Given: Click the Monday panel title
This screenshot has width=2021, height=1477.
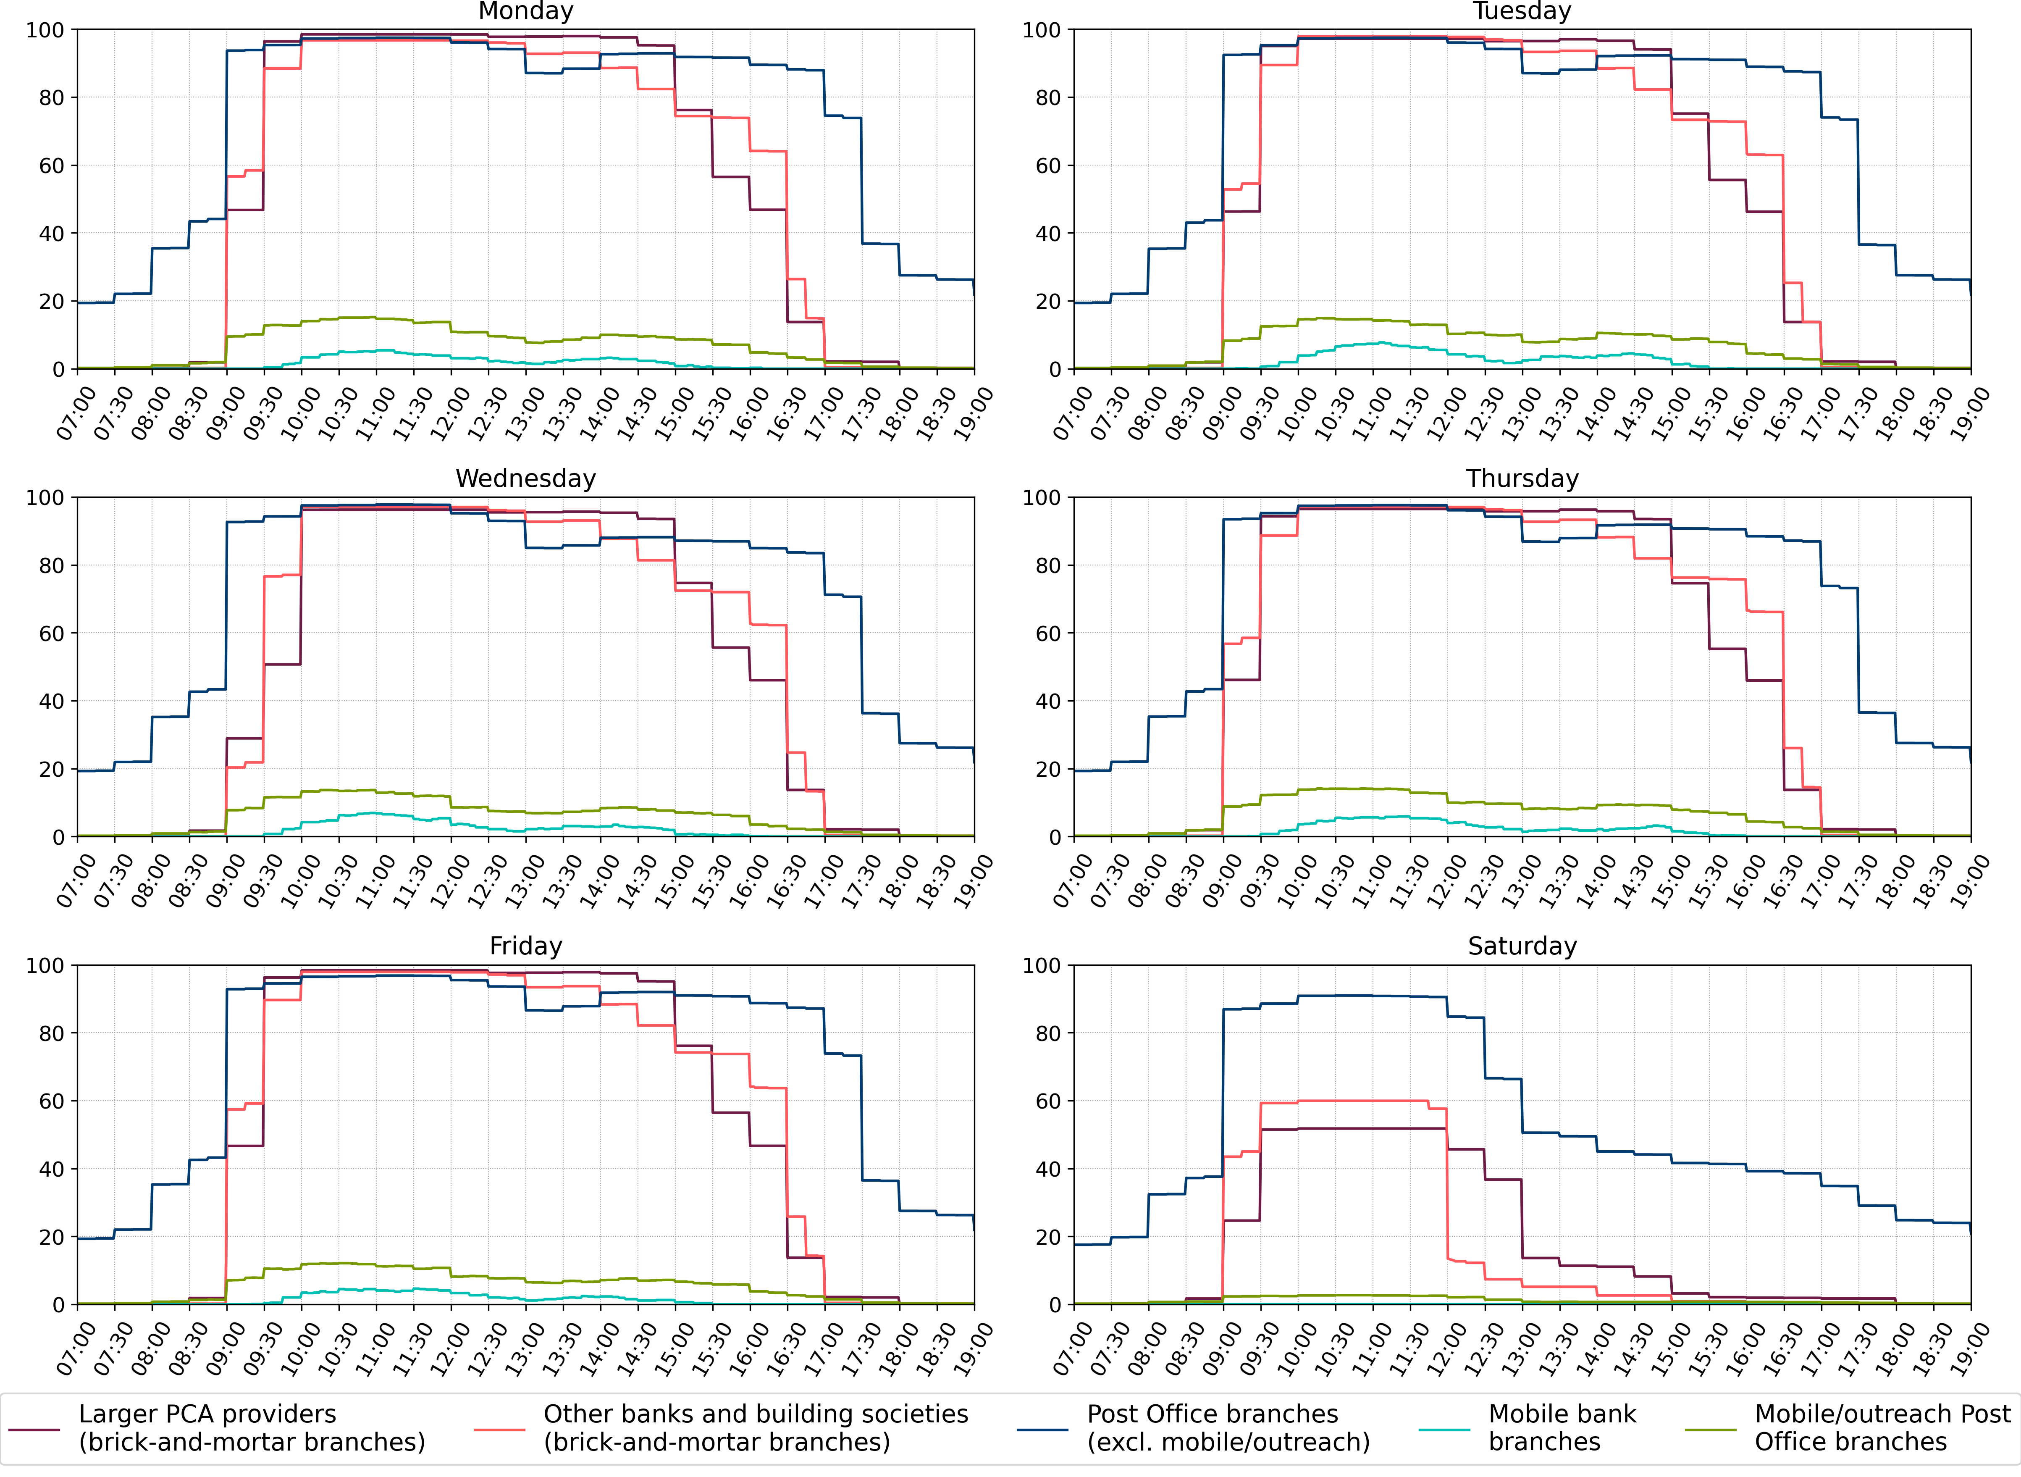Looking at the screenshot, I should click(x=525, y=12).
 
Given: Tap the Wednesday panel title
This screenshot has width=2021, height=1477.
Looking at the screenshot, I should click(x=525, y=479).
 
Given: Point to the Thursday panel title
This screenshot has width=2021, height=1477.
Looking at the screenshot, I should click(x=1522, y=479).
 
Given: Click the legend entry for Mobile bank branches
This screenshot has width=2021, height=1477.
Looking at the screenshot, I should click(x=1562, y=1428).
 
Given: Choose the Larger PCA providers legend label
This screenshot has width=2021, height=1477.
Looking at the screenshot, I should click(x=251, y=1428).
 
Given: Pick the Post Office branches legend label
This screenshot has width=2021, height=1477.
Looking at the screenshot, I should click(x=1227, y=1428).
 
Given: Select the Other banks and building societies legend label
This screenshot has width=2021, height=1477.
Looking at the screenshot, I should click(x=755, y=1428).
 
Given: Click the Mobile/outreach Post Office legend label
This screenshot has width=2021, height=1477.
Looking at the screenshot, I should click(x=1882, y=1428).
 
